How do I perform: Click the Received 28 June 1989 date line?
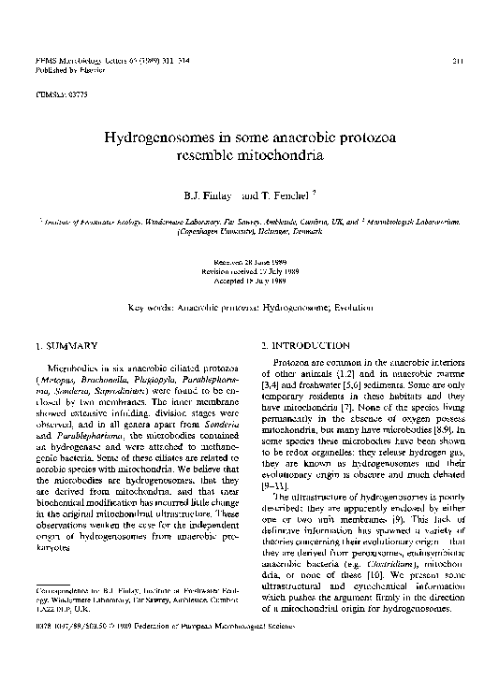(249, 263)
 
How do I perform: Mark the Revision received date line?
(249, 271)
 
